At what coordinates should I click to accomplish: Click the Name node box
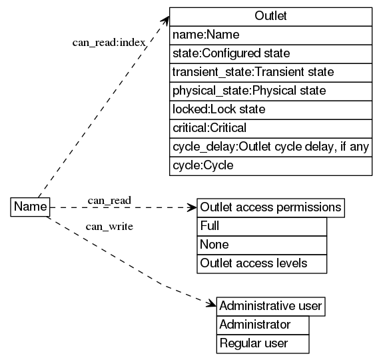(30, 207)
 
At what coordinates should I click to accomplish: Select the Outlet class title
(270, 16)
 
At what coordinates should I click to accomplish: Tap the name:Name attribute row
(270, 35)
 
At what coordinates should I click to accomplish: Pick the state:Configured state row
(270, 53)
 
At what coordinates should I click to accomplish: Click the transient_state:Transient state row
(270, 71)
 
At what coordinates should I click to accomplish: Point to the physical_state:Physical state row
(270, 90)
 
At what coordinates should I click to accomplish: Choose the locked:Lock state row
(270, 109)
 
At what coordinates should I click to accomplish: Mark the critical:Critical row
(270, 127)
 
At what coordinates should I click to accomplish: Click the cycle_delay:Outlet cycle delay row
(270, 147)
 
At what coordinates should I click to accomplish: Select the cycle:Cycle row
(270, 165)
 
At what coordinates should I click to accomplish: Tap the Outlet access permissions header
(270, 207)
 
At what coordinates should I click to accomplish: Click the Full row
(262, 227)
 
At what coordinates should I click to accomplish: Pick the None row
(262, 245)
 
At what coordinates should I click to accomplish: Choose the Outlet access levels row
(262, 264)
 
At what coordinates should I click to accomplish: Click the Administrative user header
(270, 306)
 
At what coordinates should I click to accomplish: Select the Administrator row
(262, 325)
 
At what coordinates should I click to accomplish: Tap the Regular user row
(262, 344)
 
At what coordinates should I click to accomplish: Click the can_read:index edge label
(109, 43)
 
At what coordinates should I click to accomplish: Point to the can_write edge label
(109, 227)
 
